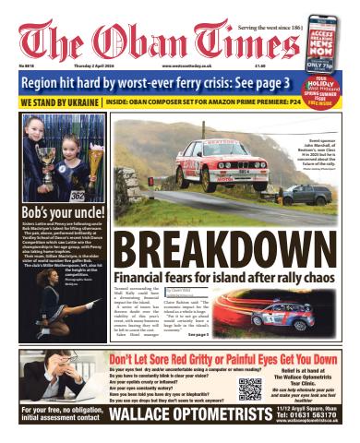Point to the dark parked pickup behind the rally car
click(323, 195)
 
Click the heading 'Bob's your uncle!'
click(58, 213)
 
